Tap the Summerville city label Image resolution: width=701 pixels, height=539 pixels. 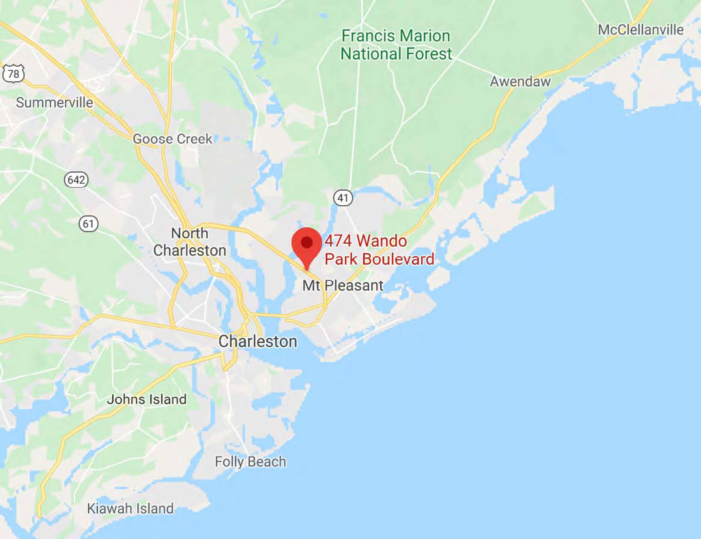54,103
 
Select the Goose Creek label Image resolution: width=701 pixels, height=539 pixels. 172,139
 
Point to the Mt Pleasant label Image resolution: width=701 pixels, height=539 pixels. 343,285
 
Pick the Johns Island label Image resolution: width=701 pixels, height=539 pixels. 147,399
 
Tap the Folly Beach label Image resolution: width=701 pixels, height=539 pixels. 250,462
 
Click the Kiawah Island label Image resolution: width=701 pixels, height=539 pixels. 130,509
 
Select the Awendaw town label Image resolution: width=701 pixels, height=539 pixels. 520,81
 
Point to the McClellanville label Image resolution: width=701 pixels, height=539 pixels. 641,30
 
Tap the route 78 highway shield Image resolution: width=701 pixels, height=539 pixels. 13,74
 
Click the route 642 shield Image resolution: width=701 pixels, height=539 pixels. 76,180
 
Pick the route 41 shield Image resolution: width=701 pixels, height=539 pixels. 343,198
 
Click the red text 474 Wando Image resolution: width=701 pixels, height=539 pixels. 366,241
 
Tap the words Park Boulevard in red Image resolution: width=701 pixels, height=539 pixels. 379,259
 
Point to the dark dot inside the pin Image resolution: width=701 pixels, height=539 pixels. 307,242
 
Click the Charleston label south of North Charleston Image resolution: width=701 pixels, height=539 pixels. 258,341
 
